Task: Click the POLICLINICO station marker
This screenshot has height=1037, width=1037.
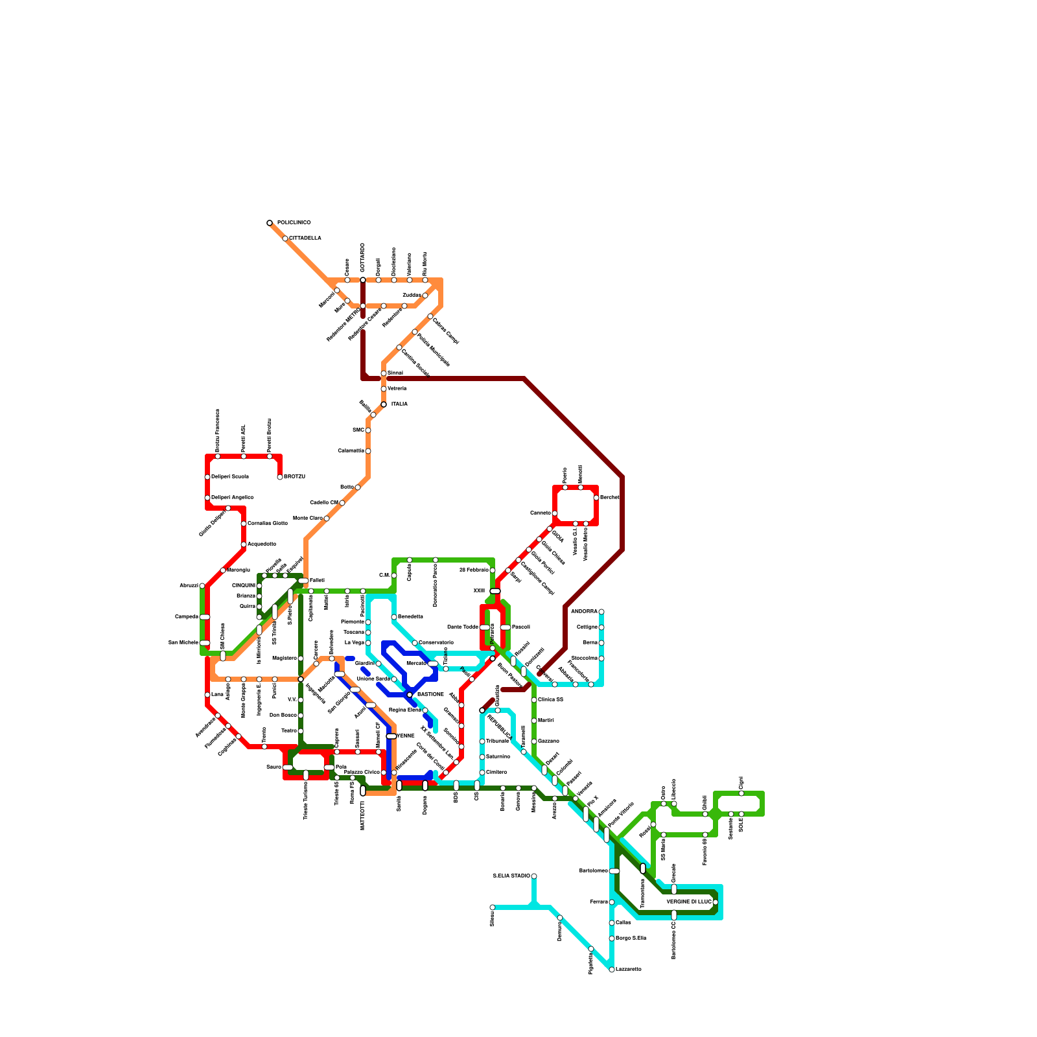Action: coord(270,223)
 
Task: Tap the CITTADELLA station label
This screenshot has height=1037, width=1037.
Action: coord(305,239)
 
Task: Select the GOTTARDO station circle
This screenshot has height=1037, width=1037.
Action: coord(363,280)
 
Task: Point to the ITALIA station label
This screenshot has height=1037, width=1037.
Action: coord(399,404)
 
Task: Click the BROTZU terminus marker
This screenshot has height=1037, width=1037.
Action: coord(280,477)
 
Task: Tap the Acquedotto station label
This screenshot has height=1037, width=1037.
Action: coord(262,544)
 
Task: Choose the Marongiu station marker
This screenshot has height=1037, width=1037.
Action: coord(223,570)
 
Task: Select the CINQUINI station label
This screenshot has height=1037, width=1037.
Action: coord(244,586)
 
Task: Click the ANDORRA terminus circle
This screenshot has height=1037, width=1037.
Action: coord(601,612)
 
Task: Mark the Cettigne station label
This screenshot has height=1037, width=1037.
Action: coord(587,627)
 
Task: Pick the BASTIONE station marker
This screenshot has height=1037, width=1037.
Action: coord(410,695)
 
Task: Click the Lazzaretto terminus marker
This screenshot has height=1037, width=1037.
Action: coord(612,970)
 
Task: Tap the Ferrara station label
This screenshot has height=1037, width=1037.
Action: coord(599,902)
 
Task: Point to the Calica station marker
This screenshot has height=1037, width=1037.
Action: coord(612,923)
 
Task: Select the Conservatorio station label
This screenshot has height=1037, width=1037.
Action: coord(436,643)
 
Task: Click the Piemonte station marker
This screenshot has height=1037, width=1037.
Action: coord(368,622)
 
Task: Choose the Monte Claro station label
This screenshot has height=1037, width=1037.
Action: coord(308,518)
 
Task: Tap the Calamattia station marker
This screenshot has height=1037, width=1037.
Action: coord(368,451)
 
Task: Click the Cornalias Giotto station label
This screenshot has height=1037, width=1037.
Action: coord(268,524)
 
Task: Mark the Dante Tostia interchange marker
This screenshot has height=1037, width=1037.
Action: coord(485,627)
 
